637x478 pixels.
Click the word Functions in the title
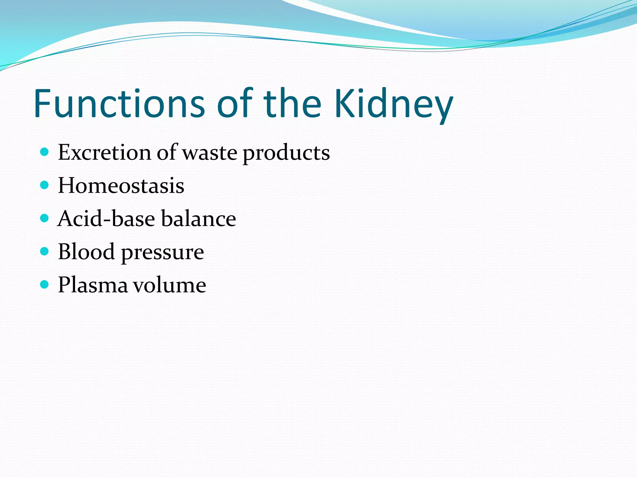(119, 103)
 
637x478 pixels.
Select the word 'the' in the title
(292, 103)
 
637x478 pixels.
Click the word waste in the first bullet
(210, 153)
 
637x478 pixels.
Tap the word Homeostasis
(121, 185)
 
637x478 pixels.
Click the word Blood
(86, 251)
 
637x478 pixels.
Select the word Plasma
(93, 285)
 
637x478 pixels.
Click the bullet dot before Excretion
(45, 152)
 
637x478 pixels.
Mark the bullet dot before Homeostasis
(45, 185)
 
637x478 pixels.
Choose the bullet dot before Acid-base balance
(45, 218)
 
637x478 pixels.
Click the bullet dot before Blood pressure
(45, 251)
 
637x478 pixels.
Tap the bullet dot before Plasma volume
(45, 284)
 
